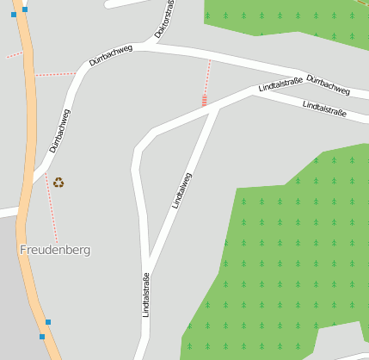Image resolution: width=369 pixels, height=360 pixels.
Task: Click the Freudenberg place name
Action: click(x=54, y=250)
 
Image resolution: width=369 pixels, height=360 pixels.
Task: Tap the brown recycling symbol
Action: click(x=58, y=182)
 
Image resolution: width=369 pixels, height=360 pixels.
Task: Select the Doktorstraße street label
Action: click(x=165, y=19)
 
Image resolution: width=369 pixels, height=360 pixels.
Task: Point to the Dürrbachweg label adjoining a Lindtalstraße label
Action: click(x=328, y=84)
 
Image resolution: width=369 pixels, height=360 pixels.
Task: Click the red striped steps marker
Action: click(x=204, y=101)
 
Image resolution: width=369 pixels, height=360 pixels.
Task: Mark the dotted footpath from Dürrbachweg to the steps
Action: click(x=206, y=78)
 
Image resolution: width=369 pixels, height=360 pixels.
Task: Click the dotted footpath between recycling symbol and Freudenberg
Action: click(x=52, y=207)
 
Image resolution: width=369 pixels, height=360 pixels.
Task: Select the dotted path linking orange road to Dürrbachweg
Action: click(x=56, y=74)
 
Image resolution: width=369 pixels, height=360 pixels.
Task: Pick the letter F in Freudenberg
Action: click(x=22, y=250)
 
